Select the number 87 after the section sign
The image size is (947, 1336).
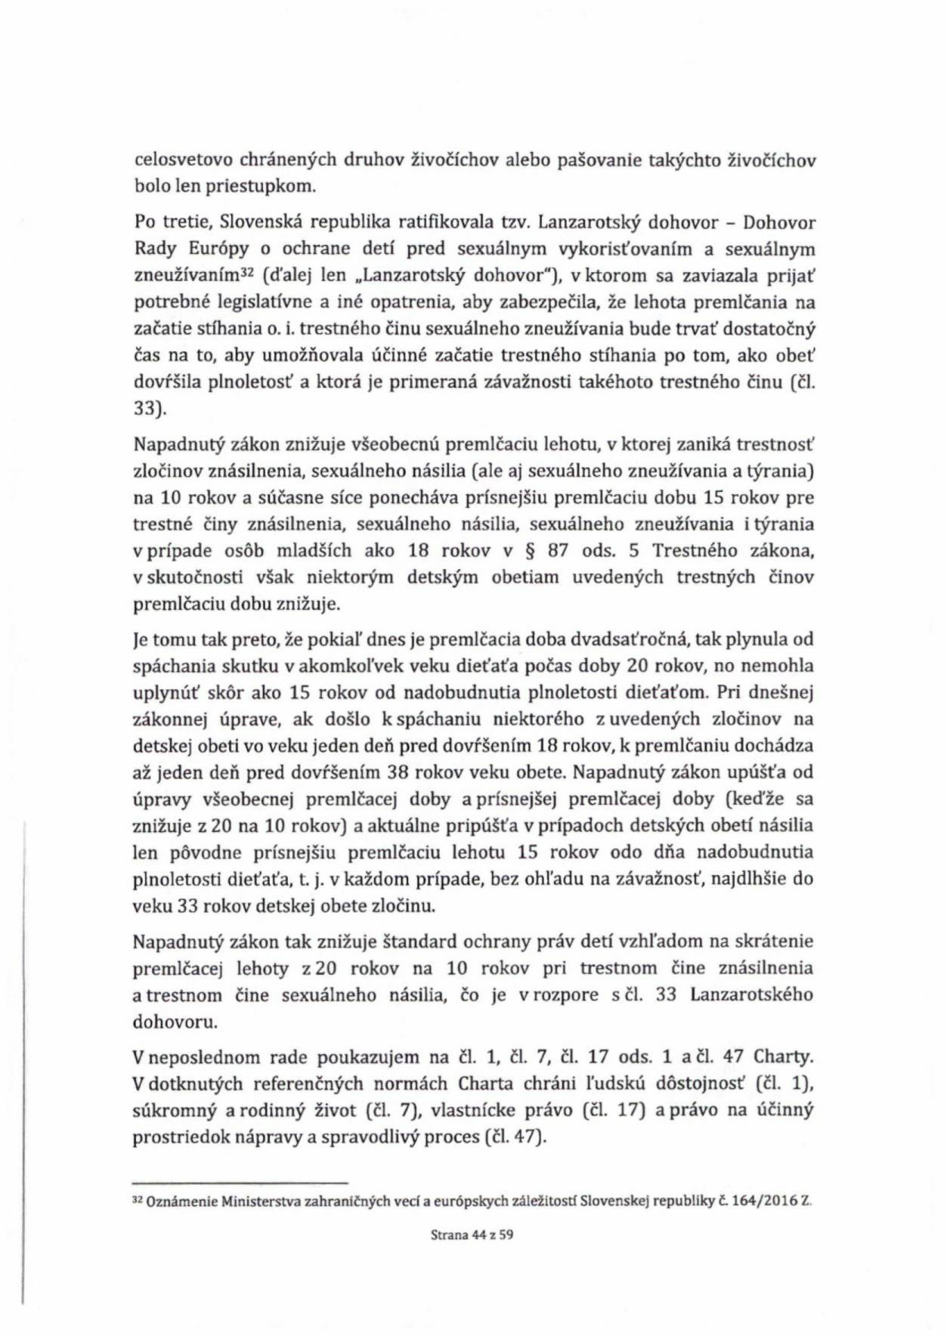pos(558,551)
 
